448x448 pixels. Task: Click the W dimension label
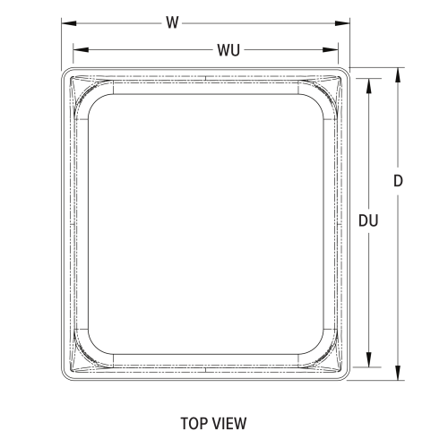click(x=170, y=22)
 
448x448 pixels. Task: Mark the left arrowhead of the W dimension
click(x=65, y=23)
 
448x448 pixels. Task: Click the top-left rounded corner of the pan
click(x=66, y=72)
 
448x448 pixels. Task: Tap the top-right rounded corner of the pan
click(x=345, y=72)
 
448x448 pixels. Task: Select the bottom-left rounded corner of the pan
click(x=66, y=376)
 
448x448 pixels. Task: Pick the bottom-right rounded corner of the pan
click(x=345, y=376)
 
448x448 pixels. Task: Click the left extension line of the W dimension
click(x=61, y=40)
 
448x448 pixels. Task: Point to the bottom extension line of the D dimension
click(x=376, y=381)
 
